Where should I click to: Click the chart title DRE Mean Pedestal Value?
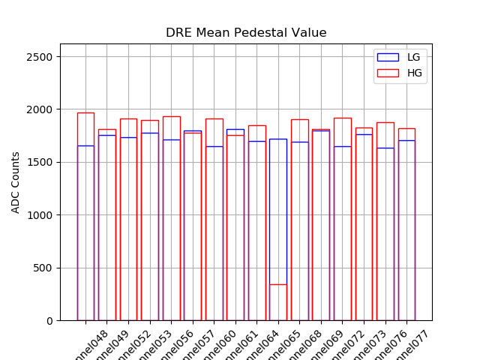click(246, 33)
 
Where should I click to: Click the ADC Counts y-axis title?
click(16, 182)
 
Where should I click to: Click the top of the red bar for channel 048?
click(85, 113)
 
